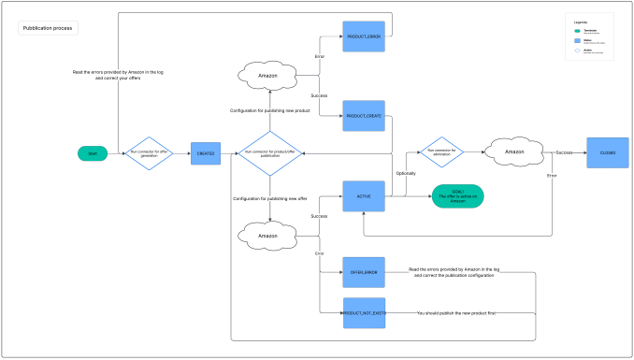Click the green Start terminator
coord(93,153)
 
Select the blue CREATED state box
coord(206,153)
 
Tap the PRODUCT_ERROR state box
coord(364,36)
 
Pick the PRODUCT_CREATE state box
coord(364,116)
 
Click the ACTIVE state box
coord(364,196)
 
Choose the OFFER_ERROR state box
coord(364,272)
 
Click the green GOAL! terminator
coord(457,196)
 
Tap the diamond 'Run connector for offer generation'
coord(150,153)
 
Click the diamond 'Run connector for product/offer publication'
coord(269,153)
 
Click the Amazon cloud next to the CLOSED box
coord(517,151)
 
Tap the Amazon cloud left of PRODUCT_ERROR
coord(269,73)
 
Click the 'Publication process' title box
coord(49,28)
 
